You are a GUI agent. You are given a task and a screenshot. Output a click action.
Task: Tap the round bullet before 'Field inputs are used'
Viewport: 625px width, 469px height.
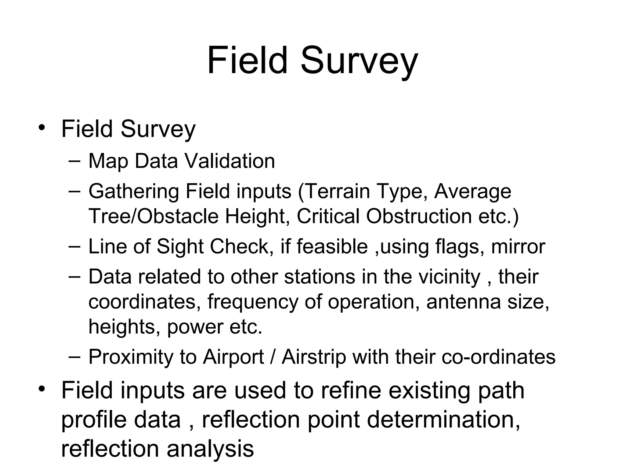(x=42, y=389)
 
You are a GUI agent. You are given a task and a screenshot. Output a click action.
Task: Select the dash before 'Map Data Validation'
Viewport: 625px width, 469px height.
(x=74, y=161)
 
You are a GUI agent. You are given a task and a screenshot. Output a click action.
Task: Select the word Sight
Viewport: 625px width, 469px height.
(x=180, y=247)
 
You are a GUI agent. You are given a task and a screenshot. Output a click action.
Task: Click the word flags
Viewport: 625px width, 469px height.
(x=460, y=247)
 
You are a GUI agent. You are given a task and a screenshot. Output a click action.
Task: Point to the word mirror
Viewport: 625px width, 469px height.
(x=518, y=247)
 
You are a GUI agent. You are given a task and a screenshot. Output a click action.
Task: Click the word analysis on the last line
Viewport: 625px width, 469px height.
(x=210, y=449)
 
